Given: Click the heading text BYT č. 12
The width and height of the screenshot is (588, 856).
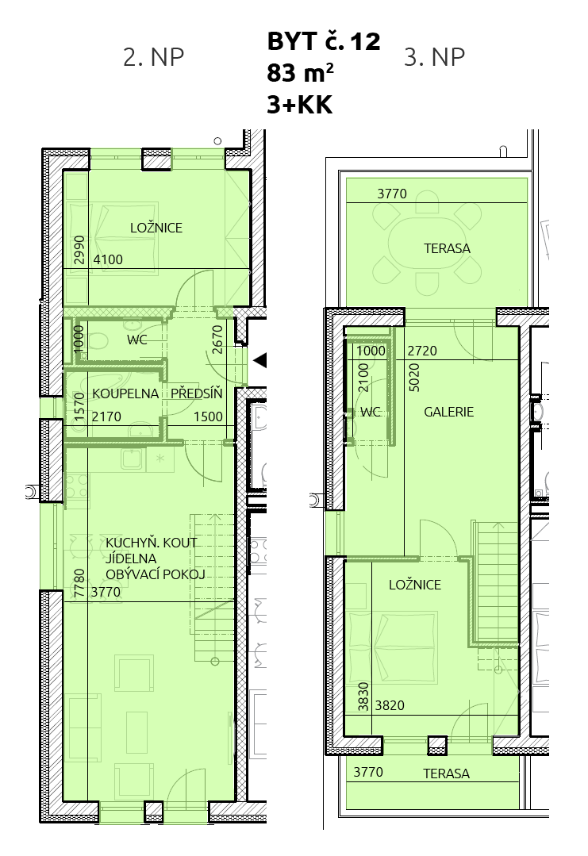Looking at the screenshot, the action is [323, 41].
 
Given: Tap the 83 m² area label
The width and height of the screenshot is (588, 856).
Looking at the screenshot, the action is [300, 73].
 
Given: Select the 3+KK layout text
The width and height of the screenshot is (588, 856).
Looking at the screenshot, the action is [299, 104].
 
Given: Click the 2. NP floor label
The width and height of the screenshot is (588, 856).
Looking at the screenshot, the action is [153, 57].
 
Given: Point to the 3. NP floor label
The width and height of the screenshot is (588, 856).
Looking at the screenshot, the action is [435, 57].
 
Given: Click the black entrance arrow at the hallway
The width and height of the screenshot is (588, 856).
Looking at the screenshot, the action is [260, 360].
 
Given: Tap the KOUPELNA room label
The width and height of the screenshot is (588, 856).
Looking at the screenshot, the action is [125, 393].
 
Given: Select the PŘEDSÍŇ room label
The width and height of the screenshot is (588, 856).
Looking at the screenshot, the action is [197, 393].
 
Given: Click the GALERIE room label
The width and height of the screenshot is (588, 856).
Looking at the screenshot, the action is [449, 413].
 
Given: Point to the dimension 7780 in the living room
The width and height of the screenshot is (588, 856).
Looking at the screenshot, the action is [79, 584].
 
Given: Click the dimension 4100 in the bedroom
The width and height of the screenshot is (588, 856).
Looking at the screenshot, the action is [108, 260].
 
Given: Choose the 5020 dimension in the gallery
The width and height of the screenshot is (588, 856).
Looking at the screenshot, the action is [414, 378].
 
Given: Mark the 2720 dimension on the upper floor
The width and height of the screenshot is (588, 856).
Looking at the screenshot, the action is [422, 351].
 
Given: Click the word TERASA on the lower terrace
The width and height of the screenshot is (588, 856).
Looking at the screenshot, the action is [446, 773].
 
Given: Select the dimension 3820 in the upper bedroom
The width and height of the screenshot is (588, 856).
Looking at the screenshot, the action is [390, 706].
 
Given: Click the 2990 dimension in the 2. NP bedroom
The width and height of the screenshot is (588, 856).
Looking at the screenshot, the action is [79, 249].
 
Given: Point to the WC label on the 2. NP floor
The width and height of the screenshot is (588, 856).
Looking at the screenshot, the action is [137, 340].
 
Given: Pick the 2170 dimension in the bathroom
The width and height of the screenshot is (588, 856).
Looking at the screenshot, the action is [106, 417].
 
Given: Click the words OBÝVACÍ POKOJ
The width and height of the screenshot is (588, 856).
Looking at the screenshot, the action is [156, 574].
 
